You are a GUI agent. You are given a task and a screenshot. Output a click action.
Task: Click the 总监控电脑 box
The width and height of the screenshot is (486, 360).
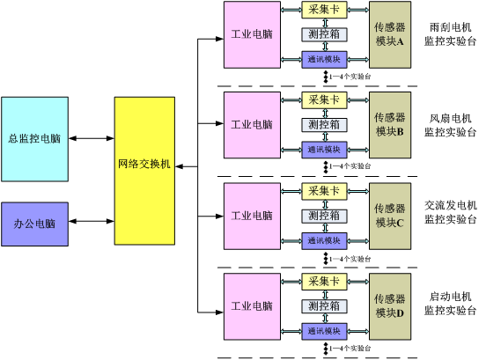[34, 139]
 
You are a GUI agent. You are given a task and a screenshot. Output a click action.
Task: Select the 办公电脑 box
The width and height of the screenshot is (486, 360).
[34, 224]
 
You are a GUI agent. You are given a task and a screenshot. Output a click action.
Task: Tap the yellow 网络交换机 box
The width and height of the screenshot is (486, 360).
[144, 171]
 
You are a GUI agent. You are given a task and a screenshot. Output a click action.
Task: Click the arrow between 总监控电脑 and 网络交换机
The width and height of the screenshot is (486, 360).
[92, 138]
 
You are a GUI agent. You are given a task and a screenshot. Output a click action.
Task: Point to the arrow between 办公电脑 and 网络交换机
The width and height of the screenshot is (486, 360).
[92, 221]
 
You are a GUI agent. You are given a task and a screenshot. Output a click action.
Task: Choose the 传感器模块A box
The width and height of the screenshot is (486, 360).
[390, 34]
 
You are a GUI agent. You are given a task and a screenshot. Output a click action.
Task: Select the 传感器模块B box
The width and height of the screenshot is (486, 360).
[390, 125]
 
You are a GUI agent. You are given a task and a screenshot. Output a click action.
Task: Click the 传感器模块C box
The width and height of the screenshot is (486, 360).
[390, 216]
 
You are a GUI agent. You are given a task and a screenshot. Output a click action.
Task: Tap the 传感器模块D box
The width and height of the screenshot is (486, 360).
[390, 306]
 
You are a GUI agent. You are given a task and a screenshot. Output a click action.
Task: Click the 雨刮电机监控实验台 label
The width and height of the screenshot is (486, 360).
[450, 34]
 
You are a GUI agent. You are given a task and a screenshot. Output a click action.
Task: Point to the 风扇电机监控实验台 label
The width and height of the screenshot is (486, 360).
[450, 125]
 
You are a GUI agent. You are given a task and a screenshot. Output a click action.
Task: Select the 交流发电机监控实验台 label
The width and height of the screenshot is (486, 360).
[451, 212]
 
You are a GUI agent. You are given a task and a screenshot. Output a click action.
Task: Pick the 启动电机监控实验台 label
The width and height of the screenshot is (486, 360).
[450, 304]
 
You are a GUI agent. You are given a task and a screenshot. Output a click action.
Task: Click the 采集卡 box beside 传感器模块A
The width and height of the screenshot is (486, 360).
[324, 10]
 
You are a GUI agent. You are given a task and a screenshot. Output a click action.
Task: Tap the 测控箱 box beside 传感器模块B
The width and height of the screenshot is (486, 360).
[324, 125]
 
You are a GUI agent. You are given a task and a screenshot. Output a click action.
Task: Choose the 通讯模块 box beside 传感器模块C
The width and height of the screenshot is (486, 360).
[324, 240]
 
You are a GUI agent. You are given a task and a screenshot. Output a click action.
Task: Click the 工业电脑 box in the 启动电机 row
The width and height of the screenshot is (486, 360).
[252, 306]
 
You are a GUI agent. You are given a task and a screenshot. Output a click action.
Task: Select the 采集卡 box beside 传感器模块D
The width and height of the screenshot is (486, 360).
[324, 282]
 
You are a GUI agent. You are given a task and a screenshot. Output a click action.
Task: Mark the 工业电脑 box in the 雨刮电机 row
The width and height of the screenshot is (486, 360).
[252, 34]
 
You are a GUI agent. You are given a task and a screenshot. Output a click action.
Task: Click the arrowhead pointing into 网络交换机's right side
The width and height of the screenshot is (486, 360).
[179, 166]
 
